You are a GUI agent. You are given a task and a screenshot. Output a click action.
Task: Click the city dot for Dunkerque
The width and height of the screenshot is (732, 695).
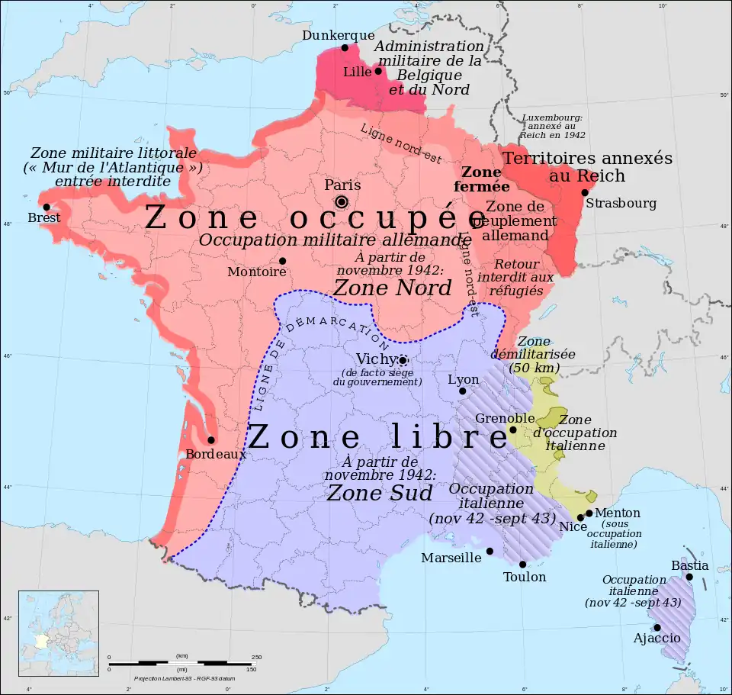point(345,47)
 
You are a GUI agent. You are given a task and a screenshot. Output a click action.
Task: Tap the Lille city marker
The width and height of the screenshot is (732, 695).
point(377,71)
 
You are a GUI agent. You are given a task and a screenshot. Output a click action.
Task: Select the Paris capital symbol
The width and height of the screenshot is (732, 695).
point(341,201)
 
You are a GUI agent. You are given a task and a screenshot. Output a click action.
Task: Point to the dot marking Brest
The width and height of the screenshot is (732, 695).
point(47,207)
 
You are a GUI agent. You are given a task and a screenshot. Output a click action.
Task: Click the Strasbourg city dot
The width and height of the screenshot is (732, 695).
point(585,192)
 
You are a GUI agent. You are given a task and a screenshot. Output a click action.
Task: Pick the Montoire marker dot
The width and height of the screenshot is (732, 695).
point(282,261)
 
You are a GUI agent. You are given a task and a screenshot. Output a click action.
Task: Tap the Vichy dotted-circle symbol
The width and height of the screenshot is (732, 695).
point(403,361)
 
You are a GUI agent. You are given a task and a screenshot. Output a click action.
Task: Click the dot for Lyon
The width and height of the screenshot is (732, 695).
point(462,391)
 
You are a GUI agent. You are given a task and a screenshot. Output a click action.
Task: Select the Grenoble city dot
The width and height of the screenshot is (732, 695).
point(513,430)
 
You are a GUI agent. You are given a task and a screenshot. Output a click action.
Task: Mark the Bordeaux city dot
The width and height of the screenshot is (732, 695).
point(211,439)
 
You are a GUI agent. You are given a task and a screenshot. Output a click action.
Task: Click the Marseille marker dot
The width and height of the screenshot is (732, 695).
point(490,551)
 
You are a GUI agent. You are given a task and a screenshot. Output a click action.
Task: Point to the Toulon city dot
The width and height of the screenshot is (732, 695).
point(523,565)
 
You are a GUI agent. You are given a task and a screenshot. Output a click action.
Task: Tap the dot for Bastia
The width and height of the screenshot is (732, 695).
point(689,577)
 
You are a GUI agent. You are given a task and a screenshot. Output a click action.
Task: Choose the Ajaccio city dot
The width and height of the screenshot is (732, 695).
point(657,628)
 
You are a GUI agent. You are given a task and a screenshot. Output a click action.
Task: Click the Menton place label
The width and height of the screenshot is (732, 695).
point(618,513)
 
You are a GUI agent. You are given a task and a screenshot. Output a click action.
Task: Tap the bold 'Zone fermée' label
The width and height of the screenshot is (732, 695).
point(481,179)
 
